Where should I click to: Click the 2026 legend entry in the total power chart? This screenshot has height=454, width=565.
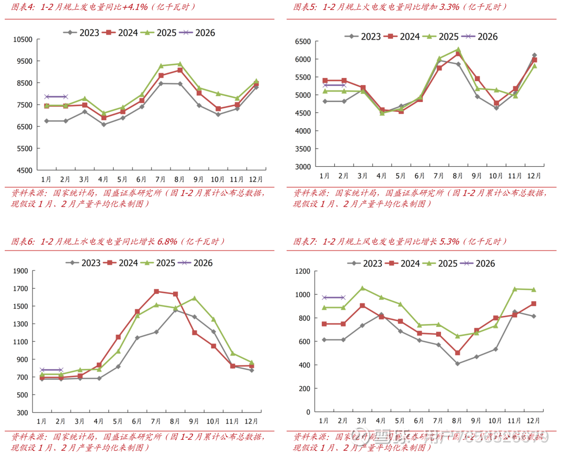pos(197,33)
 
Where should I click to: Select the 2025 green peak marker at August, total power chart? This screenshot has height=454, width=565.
pos(180,64)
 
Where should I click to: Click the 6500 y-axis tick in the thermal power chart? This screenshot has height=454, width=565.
pos(303,42)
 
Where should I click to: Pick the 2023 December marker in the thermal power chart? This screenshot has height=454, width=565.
pos(534,55)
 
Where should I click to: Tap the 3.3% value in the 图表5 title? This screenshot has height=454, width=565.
pos(449,7)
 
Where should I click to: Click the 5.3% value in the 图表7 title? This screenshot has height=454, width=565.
pos(449,242)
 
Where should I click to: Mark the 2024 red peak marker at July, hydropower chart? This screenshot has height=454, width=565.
pos(156,291)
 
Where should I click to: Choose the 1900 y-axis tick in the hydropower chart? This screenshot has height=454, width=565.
pos(21,271)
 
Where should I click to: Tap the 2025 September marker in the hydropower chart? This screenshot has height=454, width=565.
pos(194,298)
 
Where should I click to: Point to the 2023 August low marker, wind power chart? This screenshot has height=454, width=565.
pos(458,364)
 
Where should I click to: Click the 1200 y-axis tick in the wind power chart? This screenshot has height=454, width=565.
pos(303,271)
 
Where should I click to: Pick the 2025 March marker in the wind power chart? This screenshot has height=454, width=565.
pos(363,288)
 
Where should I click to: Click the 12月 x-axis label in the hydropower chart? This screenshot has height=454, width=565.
pos(252,421)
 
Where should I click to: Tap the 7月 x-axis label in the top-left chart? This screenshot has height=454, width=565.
pos(161,179)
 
